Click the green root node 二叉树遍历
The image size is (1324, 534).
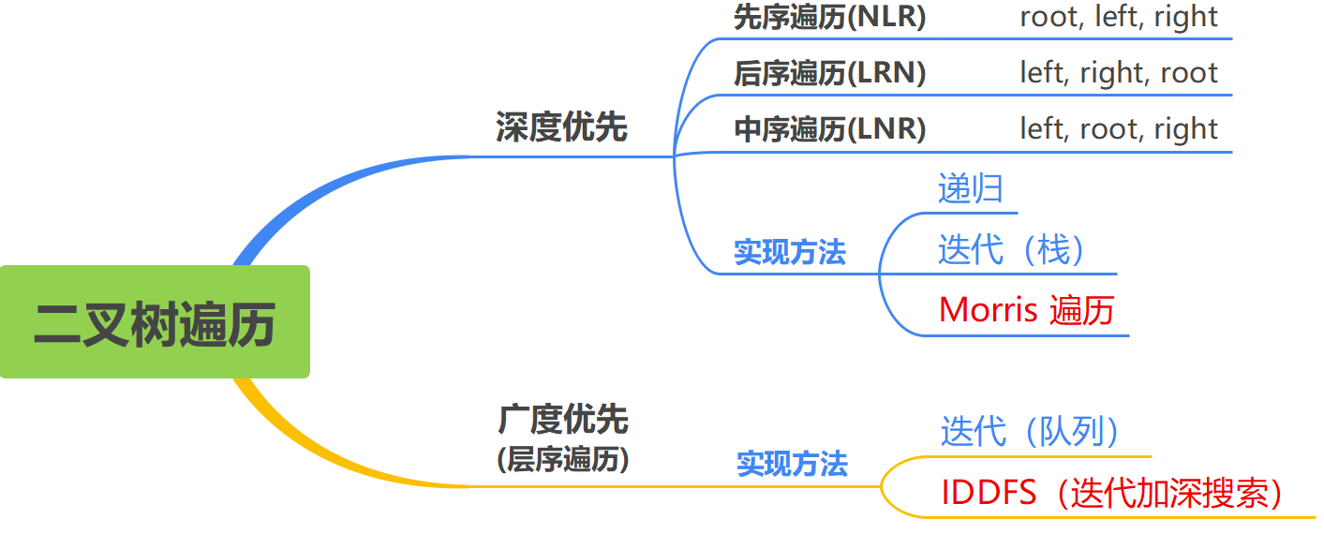point(155,322)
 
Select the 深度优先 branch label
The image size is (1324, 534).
point(561,126)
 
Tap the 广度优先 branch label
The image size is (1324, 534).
point(563,420)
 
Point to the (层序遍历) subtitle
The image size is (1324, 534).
point(563,460)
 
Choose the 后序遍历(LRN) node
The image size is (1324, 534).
point(829,73)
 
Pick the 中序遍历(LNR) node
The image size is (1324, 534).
point(829,129)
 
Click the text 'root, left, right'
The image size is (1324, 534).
point(1119,17)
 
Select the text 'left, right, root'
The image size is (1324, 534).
point(1119,73)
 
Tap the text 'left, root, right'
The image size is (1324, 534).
point(1119,129)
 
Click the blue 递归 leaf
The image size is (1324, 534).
point(971,189)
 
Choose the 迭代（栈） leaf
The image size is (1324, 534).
point(1012,250)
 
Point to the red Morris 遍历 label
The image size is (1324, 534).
point(1026,310)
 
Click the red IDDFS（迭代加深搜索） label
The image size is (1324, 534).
point(1112,493)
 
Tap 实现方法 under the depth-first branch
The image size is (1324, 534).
point(790,252)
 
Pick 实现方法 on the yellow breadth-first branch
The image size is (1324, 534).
point(792,464)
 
